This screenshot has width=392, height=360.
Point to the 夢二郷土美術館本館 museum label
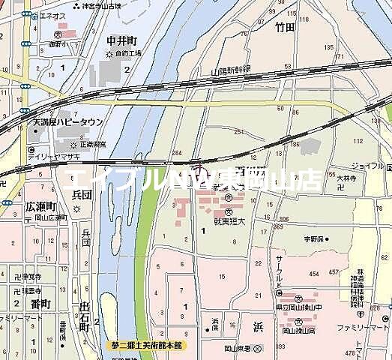151,345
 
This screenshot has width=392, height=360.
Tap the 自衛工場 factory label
126,55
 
